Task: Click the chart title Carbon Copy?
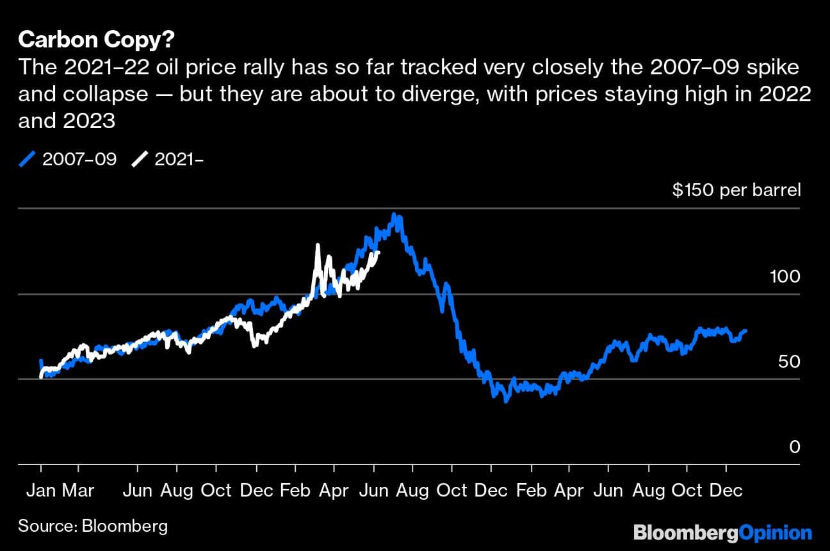(x=97, y=40)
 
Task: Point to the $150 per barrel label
(x=736, y=190)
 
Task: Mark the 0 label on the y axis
(x=795, y=447)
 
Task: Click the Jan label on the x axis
(x=41, y=491)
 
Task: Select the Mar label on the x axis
(x=78, y=491)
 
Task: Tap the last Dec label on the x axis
(x=726, y=491)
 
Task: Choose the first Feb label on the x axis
(x=295, y=491)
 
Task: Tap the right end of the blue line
(x=745, y=331)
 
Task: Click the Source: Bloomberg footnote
(x=93, y=526)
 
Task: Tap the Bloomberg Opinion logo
(x=722, y=532)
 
